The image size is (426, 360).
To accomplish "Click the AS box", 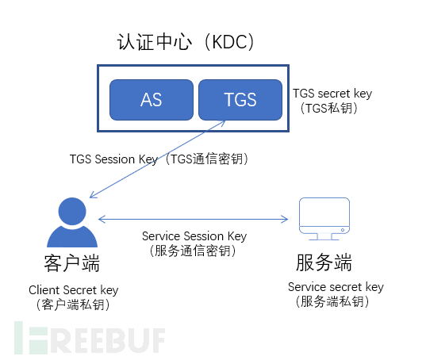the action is coord(152,100).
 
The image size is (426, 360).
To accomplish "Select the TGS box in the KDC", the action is coord(240,100).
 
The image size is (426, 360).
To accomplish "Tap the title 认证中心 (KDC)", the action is coord(186,42).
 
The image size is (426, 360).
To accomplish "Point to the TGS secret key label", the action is coord(332,94).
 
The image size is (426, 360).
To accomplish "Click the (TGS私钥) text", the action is coord(329,108).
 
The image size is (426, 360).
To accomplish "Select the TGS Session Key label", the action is coord(113,159).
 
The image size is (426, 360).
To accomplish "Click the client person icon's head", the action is coord(72,211).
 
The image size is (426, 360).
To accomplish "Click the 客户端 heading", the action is coord(72,263).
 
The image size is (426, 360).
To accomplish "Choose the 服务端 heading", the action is coord(324,262).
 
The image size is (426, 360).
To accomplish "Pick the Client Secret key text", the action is coord(74,290).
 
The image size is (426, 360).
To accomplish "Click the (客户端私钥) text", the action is coord(73,304).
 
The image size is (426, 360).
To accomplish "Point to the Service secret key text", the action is coord(336,287).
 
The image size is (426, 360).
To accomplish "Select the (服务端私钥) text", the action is coord(332,301).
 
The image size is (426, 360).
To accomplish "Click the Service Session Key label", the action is coord(194,236).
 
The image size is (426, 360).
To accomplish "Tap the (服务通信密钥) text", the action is coord(193,251).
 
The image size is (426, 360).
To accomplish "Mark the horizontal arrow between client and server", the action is coord(193,219).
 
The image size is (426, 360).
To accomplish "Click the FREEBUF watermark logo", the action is coord(90,339).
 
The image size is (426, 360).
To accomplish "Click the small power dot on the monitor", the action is coord(343,230).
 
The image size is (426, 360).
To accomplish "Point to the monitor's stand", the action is coord(324,237).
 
